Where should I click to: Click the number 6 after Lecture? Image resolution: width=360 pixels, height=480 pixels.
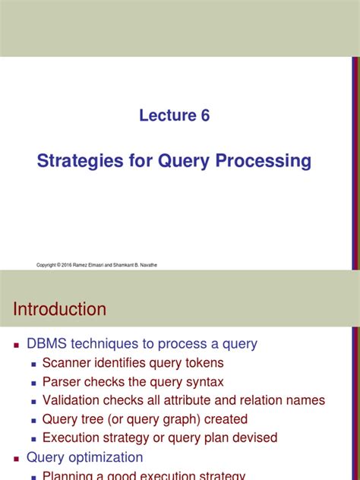point(205,115)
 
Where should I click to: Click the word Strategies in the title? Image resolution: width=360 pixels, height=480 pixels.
point(80,161)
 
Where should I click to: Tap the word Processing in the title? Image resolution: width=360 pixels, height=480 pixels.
point(264,161)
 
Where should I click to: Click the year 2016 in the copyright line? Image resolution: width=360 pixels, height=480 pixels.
point(66,265)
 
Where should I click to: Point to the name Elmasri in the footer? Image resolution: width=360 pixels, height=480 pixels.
point(96,265)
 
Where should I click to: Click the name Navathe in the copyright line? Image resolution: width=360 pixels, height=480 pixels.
point(148,265)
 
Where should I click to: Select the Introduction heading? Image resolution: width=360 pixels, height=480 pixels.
point(60,309)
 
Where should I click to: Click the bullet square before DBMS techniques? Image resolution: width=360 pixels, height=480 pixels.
point(17,346)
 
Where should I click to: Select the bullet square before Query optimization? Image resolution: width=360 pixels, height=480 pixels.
point(17,459)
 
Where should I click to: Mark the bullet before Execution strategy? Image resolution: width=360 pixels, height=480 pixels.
point(33,439)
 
